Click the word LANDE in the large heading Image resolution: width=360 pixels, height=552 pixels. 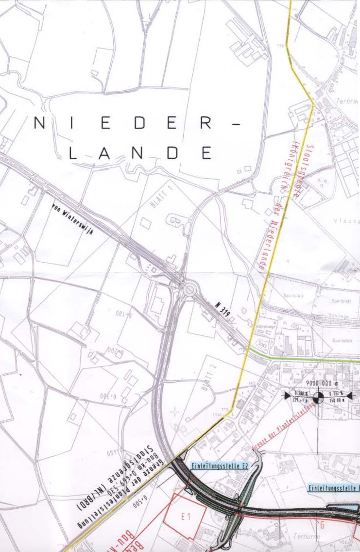[x=141, y=153]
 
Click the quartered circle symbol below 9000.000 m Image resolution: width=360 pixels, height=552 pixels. [x=319, y=398]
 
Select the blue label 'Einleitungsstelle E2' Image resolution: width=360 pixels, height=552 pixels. [x=213, y=466]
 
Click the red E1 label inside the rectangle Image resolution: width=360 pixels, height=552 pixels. [x=185, y=518]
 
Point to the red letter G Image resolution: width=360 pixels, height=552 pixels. [x=322, y=524]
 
